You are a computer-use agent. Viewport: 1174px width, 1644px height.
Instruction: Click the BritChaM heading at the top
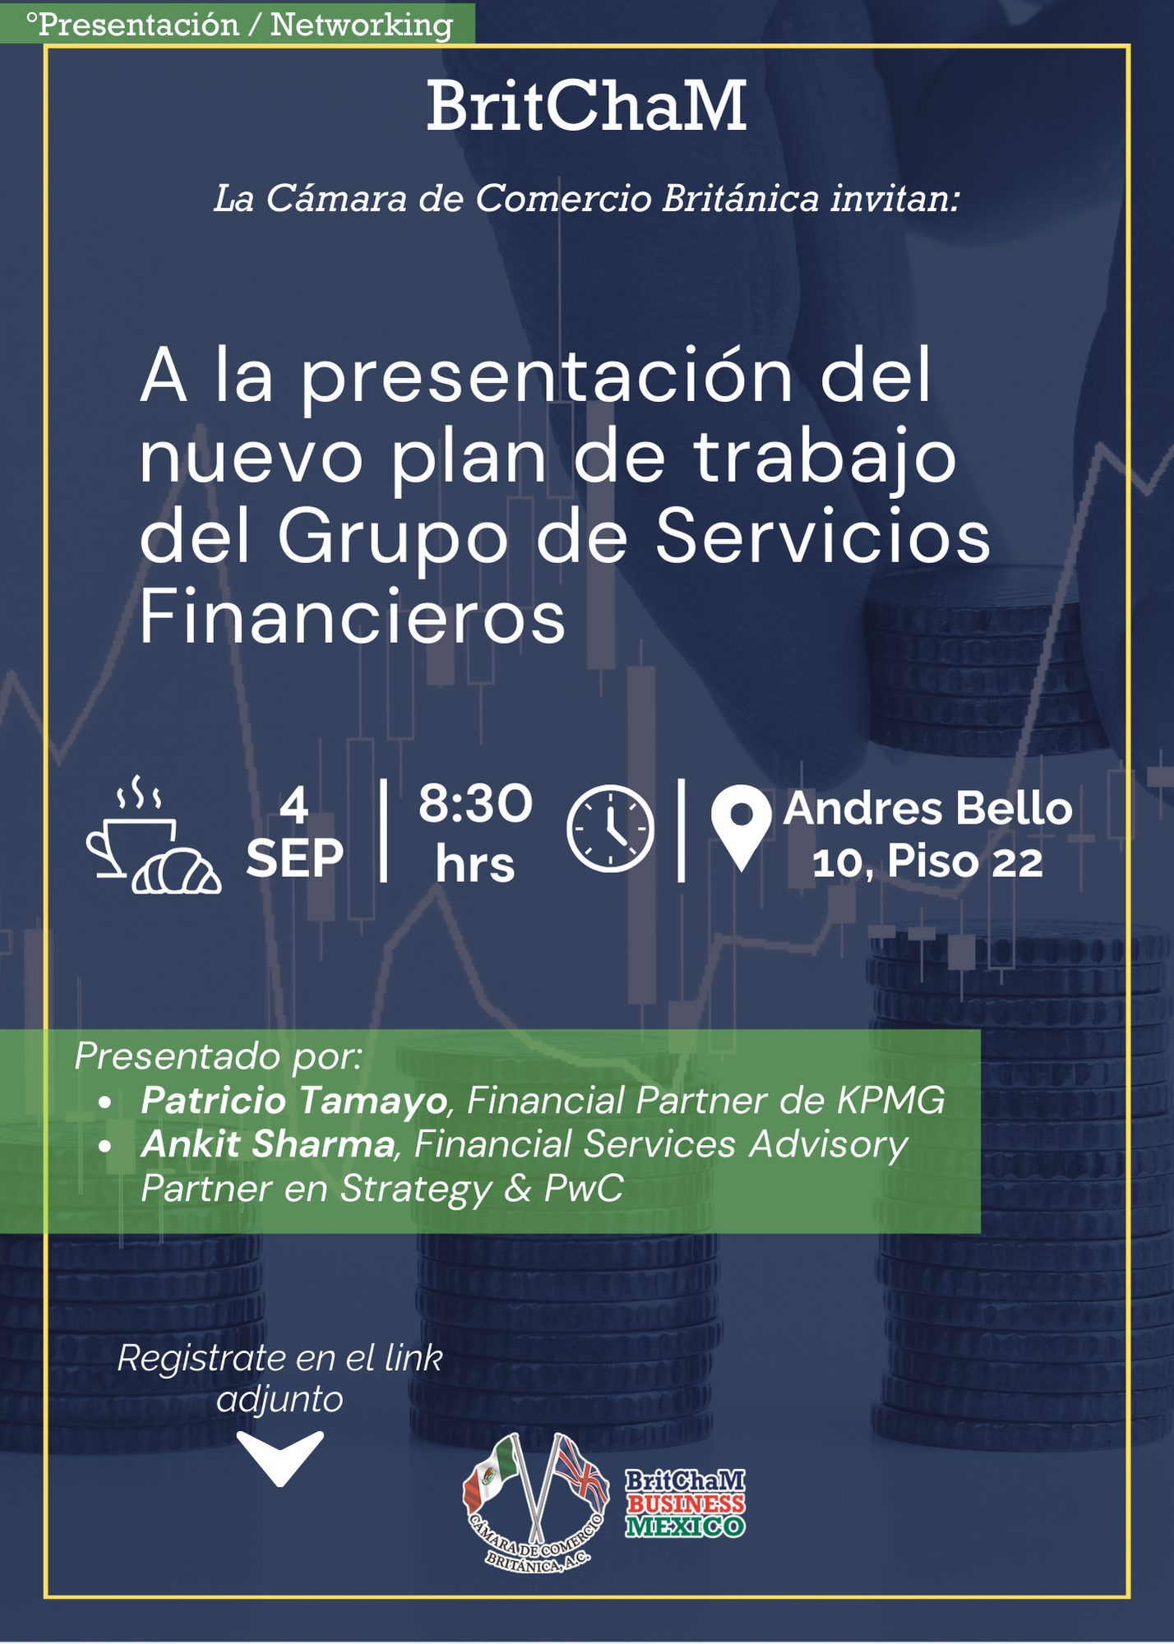(x=586, y=106)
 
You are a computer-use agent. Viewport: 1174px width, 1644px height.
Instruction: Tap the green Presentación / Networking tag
(x=238, y=24)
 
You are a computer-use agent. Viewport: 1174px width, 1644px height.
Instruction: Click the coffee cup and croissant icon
(x=154, y=834)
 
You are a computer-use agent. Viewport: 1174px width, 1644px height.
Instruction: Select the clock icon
(x=610, y=828)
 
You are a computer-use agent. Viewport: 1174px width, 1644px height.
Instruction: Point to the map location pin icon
(x=741, y=826)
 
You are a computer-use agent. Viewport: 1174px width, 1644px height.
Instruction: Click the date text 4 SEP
(x=294, y=832)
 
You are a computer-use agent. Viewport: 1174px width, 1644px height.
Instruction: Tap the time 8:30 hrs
(x=475, y=833)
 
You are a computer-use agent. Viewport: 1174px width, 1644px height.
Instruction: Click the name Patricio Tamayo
(x=294, y=1101)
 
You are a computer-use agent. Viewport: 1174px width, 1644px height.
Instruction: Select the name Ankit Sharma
(x=268, y=1144)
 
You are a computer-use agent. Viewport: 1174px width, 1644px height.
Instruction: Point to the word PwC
(x=584, y=1188)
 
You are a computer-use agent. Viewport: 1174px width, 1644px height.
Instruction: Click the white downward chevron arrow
(x=280, y=1458)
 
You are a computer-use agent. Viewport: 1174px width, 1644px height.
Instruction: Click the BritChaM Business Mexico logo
(x=685, y=1503)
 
